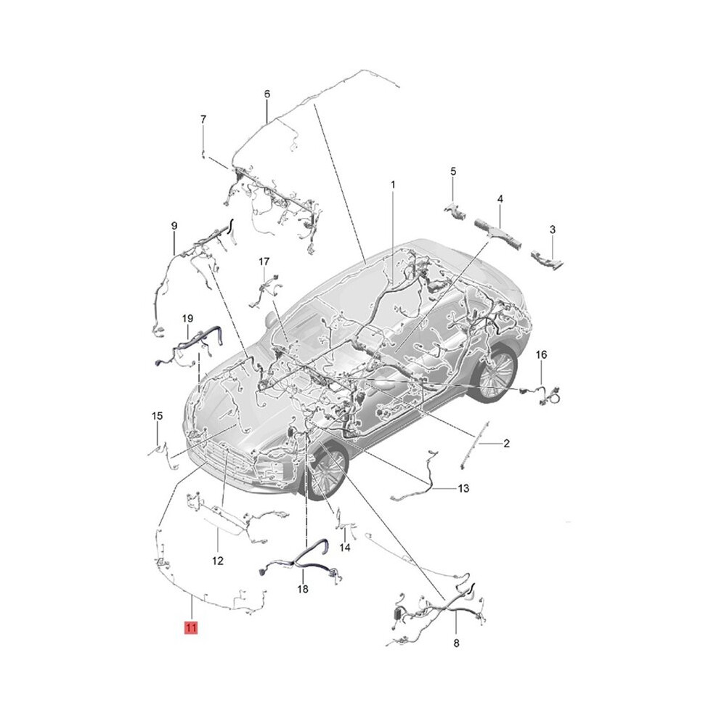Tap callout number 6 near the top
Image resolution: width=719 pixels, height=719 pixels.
[267, 94]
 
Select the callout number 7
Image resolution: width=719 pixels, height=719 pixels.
[203, 119]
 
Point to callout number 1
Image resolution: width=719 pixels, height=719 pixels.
[393, 184]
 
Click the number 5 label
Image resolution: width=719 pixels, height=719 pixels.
[453, 171]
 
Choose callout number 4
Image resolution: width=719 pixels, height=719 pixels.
[500, 199]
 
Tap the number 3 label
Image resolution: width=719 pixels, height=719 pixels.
[553, 229]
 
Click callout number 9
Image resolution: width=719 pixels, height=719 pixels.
[174, 226]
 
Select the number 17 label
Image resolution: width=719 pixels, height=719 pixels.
[264, 261]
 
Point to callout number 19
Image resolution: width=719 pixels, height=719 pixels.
[187, 318]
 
